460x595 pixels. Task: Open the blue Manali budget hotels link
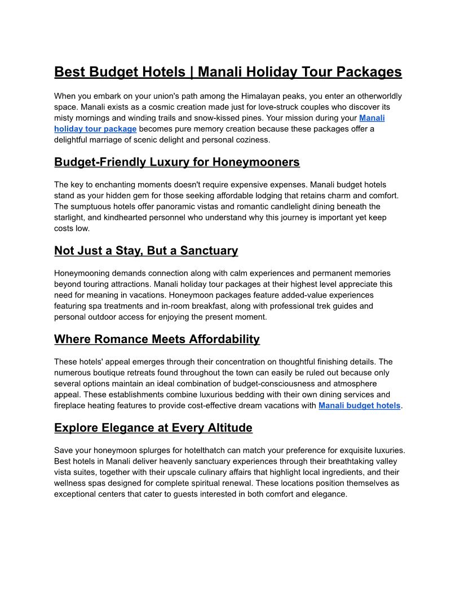click(x=359, y=406)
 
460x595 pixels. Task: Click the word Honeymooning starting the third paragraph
click(x=81, y=273)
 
